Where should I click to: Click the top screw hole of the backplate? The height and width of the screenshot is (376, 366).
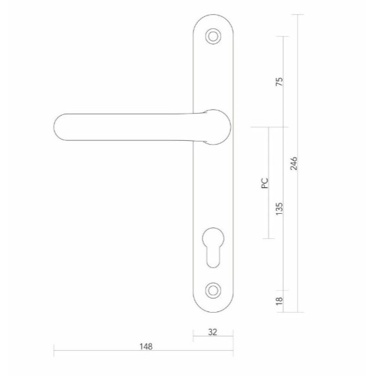click(213, 36)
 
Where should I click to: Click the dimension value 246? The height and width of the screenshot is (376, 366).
click(294, 163)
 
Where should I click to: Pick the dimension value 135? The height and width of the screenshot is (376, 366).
click(279, 209)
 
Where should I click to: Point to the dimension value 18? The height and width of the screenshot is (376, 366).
click(279, 301)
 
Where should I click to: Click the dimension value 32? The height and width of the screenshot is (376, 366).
click(213, 332)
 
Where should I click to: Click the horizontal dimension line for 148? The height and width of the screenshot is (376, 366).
click(97, 352)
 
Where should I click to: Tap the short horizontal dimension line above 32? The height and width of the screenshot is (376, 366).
click(213, 339)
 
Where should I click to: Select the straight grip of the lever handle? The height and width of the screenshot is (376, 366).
click(129, 127)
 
